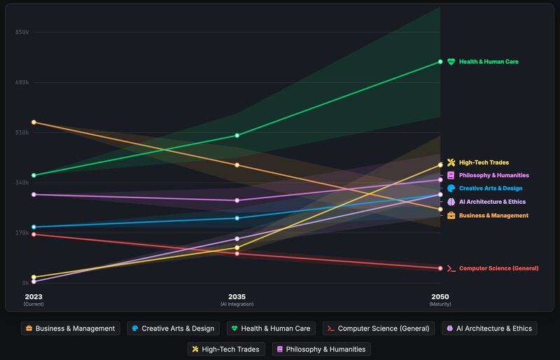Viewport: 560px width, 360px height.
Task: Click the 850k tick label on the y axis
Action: [22, 32]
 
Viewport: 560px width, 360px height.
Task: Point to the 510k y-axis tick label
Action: [22, 132]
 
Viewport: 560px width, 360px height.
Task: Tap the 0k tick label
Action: [24, 283]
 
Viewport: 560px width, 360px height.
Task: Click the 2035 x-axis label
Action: [237, 296]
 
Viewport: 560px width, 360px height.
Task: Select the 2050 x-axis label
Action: [440, 296]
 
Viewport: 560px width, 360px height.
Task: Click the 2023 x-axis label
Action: [34, 296]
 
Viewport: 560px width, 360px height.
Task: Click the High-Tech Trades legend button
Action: [225, 349]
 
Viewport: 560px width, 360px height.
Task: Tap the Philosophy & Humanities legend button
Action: [321, 349]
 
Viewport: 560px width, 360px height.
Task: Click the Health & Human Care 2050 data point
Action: [440, 62]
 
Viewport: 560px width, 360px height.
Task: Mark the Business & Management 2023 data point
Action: [34, 123]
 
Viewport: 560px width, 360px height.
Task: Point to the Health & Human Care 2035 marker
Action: [237, 135]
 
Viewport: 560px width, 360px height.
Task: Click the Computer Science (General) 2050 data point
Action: [440, 268]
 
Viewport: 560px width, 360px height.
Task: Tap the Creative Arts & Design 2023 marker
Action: [34, 227]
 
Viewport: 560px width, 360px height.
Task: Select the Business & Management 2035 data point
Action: [237, 165]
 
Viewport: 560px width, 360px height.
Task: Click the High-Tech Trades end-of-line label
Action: [484, 162]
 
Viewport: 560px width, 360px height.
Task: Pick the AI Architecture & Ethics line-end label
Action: [491, 202]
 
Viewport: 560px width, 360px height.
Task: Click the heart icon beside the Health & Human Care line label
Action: [451, 62]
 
